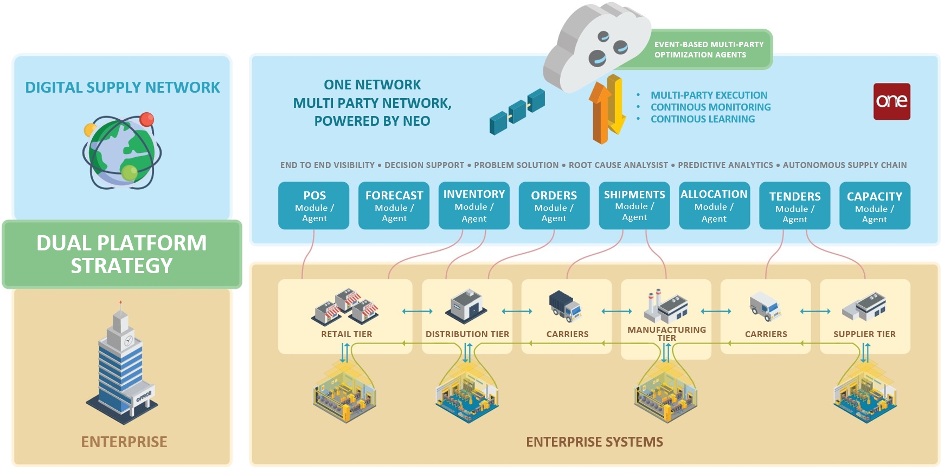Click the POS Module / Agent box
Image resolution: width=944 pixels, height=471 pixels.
coord(314,206)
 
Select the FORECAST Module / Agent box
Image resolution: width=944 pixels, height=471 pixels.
coord(394,206)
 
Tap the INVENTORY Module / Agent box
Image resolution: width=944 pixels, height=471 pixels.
coord(474,206)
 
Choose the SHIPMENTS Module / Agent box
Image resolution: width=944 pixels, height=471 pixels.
coord(634,206)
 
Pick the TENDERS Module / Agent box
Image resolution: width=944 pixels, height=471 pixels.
coord(794,206)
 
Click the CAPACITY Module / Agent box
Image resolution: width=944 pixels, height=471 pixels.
coord(875,206)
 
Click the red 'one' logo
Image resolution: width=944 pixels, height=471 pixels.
coord(891,101)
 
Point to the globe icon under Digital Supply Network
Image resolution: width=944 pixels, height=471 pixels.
coord(122,152)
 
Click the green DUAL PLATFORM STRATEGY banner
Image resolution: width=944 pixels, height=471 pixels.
coord(122,254)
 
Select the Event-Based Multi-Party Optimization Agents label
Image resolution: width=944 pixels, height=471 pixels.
coord(708,49)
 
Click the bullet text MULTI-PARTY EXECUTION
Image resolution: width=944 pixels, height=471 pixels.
coord(709,95)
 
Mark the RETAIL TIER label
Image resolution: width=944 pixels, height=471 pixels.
coord(346,334)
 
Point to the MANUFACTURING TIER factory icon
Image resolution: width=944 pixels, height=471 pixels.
coord(666,306)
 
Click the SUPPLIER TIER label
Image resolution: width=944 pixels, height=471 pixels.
coord(864,334)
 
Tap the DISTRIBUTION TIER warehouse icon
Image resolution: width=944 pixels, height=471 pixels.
coord(466,305)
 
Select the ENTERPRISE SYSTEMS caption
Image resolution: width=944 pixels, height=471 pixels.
coord(594,442)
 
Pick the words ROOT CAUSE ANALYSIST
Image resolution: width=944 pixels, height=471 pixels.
coord(618,165)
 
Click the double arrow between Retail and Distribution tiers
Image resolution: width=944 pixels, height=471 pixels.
coord(417,311)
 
